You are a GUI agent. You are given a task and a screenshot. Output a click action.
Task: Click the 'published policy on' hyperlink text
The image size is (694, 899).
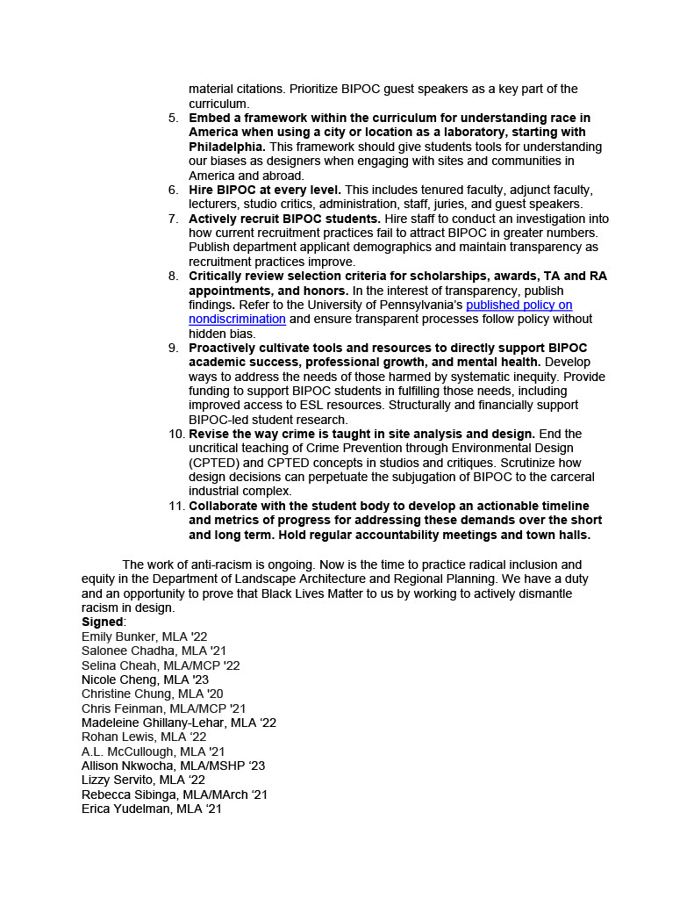click(519, 305)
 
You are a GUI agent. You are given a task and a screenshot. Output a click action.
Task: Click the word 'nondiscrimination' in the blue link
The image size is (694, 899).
click(237, 319)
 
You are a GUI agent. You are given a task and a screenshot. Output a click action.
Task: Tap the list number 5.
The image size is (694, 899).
click(173, 118)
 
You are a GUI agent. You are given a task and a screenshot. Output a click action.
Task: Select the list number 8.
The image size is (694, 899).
click(173, 276)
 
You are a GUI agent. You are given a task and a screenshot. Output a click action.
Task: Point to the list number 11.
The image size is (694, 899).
click(175, 506)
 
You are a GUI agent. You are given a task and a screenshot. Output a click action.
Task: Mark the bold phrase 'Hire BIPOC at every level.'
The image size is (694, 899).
click(266, 190)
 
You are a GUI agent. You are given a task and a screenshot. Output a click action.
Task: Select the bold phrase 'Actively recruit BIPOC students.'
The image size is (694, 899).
click(284, 219)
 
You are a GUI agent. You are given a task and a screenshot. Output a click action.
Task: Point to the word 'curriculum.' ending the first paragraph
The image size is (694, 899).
click(219, 104)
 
